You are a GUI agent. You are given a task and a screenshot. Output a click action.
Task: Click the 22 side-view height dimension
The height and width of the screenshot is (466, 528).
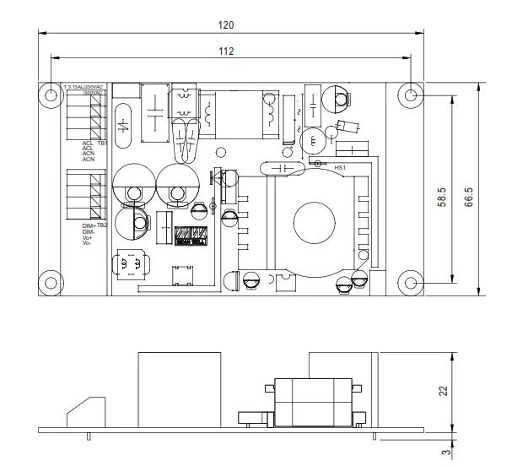click(443, 390)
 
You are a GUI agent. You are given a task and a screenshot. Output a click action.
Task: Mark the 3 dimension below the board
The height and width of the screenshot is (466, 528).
click(443, 452)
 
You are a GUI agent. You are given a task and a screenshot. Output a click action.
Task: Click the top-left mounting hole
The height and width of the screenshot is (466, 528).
click(50, 94)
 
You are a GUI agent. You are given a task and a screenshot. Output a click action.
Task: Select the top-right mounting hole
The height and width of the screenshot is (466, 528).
click(411, 95)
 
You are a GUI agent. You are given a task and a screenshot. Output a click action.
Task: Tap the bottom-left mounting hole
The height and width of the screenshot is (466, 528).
click(50, 283)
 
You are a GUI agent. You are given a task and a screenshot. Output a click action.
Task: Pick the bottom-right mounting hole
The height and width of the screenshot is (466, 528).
click(411, 283)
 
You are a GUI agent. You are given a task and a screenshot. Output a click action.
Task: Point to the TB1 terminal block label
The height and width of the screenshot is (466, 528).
click(102, 144)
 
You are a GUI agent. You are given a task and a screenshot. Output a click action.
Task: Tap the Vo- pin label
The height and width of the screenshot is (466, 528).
click(86, 243)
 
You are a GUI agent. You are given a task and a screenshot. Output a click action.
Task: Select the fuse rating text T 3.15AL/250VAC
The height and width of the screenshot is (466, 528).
click(84, 87)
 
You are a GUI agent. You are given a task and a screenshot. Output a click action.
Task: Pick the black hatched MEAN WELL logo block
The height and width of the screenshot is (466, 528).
click(191, 237)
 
